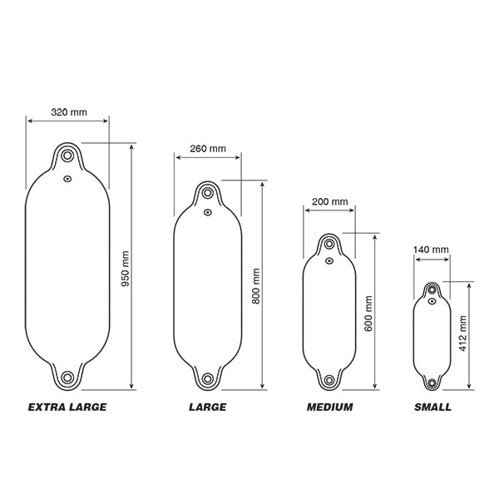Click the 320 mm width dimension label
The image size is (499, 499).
pos(69,112)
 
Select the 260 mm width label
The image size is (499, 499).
pos(208,149)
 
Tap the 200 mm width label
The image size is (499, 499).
pos(329,201)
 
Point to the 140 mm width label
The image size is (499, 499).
pos(431,249)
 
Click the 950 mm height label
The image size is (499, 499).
pos(126,269)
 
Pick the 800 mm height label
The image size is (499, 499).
pos(256,286)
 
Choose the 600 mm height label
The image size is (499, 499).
pos(368,314)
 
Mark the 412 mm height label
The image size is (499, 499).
pos(462,333)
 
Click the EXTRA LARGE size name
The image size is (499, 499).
pos(67,407)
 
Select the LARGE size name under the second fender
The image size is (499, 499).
pos(207,407)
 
